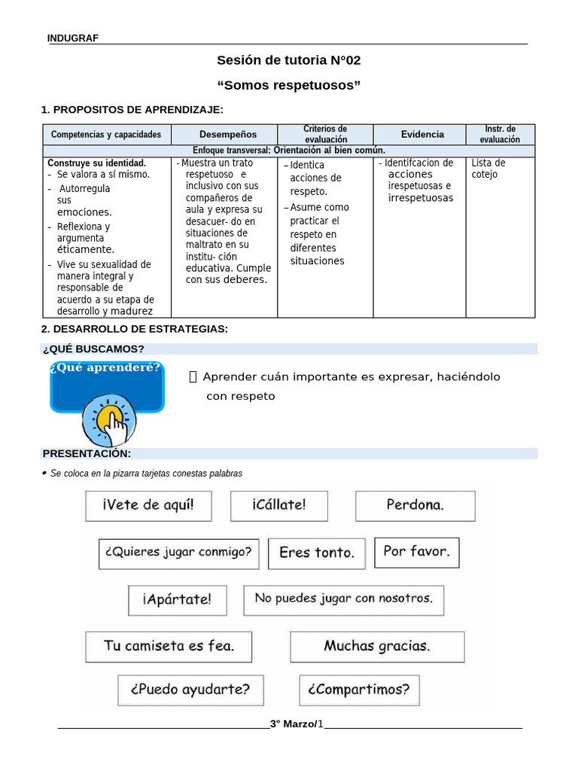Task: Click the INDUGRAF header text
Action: click(x=72, y=38)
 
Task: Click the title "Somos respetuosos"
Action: click(x=288, y=85)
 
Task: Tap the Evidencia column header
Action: click(x=422, y=135)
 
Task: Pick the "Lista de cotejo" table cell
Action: click(x=488, y=169)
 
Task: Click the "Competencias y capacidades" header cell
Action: click(x=106, y=135)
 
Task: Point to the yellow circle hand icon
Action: click(x=110, y=419)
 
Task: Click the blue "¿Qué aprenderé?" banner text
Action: click(x=105, y=368)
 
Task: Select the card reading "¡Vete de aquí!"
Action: click(x=148, y=505)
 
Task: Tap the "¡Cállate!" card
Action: click(x=279, y=505)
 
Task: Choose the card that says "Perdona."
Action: click(x=415, y=505)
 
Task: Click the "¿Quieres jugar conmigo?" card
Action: click(x=179, y=553)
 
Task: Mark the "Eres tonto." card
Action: click(x=317, y=553)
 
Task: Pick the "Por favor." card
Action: click(x=416, y=552)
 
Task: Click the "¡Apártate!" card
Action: click(x=177, y=599)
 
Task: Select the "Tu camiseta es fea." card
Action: click(x=169, y=646)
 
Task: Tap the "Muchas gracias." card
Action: click(x=377, y=646)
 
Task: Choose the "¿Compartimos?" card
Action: click(x=359, y=690)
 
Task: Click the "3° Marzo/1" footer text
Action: click(x=297, y=724)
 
